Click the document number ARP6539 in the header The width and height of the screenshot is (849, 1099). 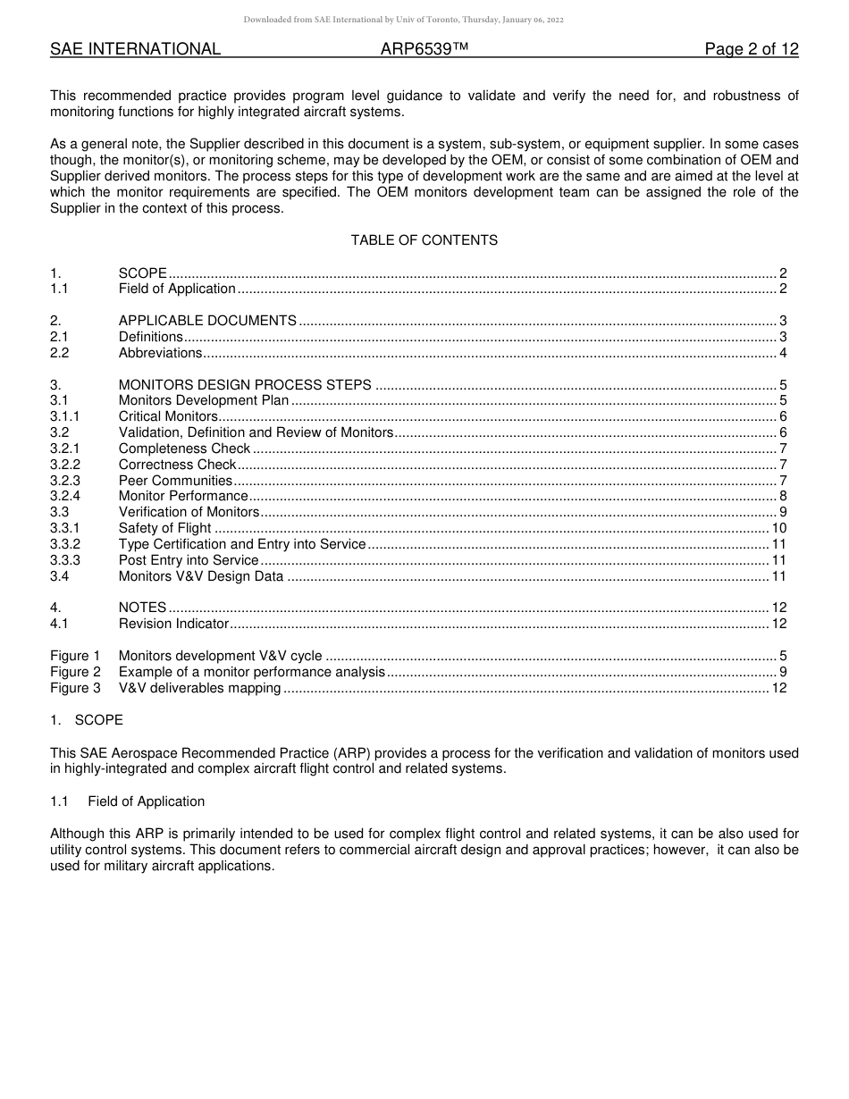pos(424,49)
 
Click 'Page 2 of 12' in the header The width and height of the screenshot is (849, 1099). pos(751,49)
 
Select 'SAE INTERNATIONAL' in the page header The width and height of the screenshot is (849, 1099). pos(135,49)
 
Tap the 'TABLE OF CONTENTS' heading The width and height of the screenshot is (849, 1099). pos(424,240)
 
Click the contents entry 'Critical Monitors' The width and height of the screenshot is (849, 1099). pos(168,416)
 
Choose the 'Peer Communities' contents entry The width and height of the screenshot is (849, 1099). pos(175,481)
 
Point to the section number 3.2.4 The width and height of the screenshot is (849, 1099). pos(65,496)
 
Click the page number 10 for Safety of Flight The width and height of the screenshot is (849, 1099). pos(778,528)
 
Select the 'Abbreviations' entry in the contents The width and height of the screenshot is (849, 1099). pos(161,353)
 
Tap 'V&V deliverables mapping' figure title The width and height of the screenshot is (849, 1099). pos(200,688)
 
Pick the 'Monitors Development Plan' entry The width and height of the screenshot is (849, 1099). pos(204,400)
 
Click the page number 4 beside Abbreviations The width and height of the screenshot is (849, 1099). pos(783,353)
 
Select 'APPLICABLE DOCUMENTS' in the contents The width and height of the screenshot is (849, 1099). pos(207,321)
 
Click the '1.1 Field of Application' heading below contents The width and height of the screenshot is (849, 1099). pos(128,801)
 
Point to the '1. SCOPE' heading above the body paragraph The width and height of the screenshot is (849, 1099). pos(87,720)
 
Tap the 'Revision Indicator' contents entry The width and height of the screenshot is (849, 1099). pos(174,624)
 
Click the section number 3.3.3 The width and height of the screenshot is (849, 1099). pos(65,560)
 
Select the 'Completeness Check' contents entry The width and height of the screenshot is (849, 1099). pos(184,449)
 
